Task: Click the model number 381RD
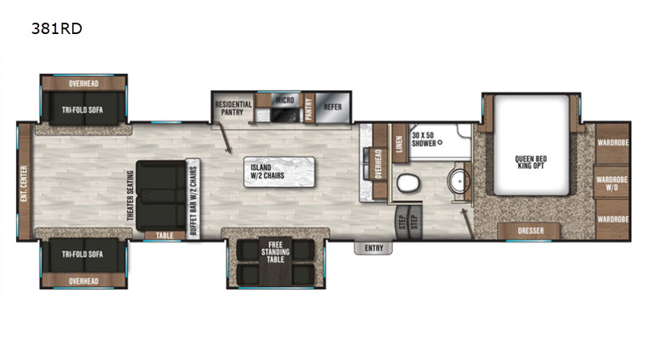pos(57,28)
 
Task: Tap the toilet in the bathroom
pos(408,183)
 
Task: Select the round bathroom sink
pos(459,181)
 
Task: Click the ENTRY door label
pos(374,248)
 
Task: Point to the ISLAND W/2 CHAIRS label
pos(268,171)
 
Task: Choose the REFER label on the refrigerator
pos(333,107)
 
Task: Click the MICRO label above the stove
pos(285,101)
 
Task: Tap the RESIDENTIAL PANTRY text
pos(233,108)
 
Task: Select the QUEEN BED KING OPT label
pos(531,162)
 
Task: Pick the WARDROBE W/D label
pos(612,183)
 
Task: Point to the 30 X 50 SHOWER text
pos(423,139)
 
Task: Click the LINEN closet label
pos(399,144)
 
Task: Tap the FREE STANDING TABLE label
pos(275,252)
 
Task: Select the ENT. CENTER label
pos(24,184)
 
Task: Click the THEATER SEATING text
pos(131,195)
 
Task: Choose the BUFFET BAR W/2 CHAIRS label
pos(193,201)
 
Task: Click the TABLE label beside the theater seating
pos(165,235)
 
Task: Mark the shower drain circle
pos(440,143)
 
